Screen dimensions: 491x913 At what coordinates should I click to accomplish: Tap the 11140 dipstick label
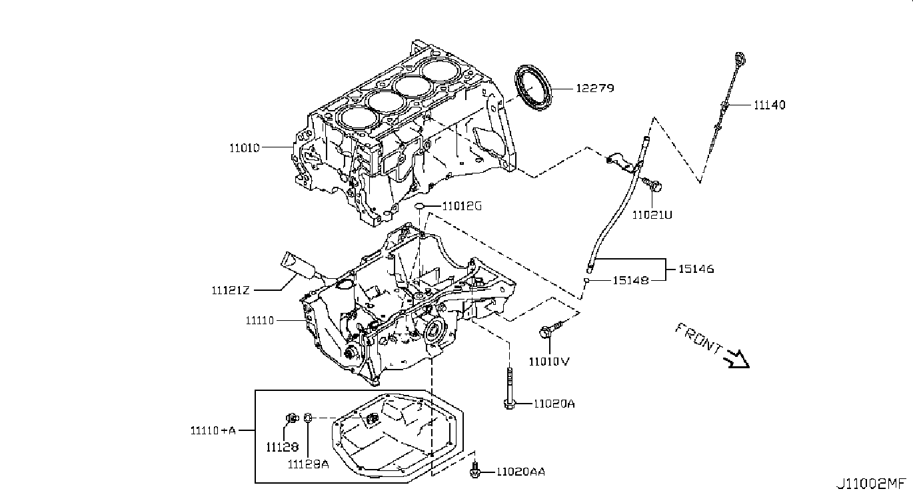(x=770, y=105)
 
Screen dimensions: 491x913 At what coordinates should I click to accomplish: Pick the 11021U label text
(x=652, y=215)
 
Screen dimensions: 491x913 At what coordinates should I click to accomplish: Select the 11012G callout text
(x=462, y=206)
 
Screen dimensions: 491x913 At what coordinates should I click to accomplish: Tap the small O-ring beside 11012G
(x=419, y=206)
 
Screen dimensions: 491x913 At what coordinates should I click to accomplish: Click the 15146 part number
(x=696, y=269)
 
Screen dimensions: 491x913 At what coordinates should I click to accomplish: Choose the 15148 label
(x=630, y=281)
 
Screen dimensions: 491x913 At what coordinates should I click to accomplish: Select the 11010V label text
(x=549, y=362)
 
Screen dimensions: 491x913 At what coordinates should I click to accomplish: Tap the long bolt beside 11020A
(x=510, y=391)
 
